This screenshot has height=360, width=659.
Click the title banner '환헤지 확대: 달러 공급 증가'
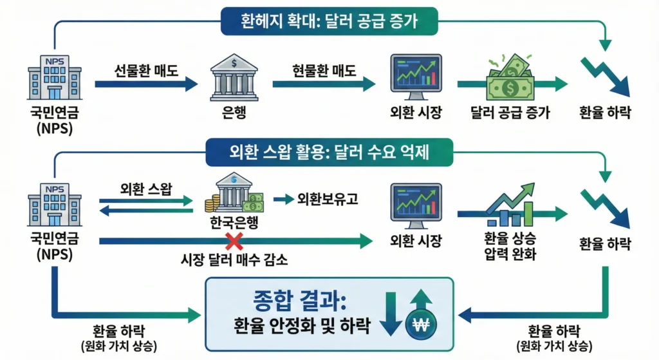[329, 21]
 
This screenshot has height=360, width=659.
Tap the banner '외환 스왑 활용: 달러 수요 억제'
[329, 153]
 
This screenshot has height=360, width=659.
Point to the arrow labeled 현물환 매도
[324, 84]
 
